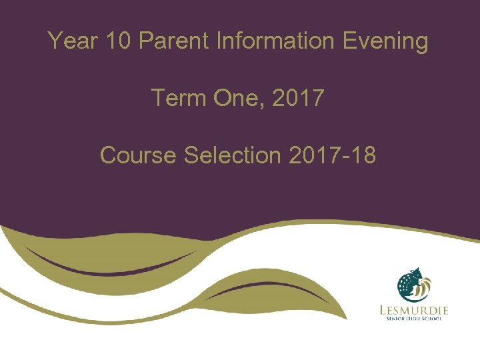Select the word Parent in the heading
175,41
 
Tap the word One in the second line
230,98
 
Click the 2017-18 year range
332,155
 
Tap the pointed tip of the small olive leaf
346,319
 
